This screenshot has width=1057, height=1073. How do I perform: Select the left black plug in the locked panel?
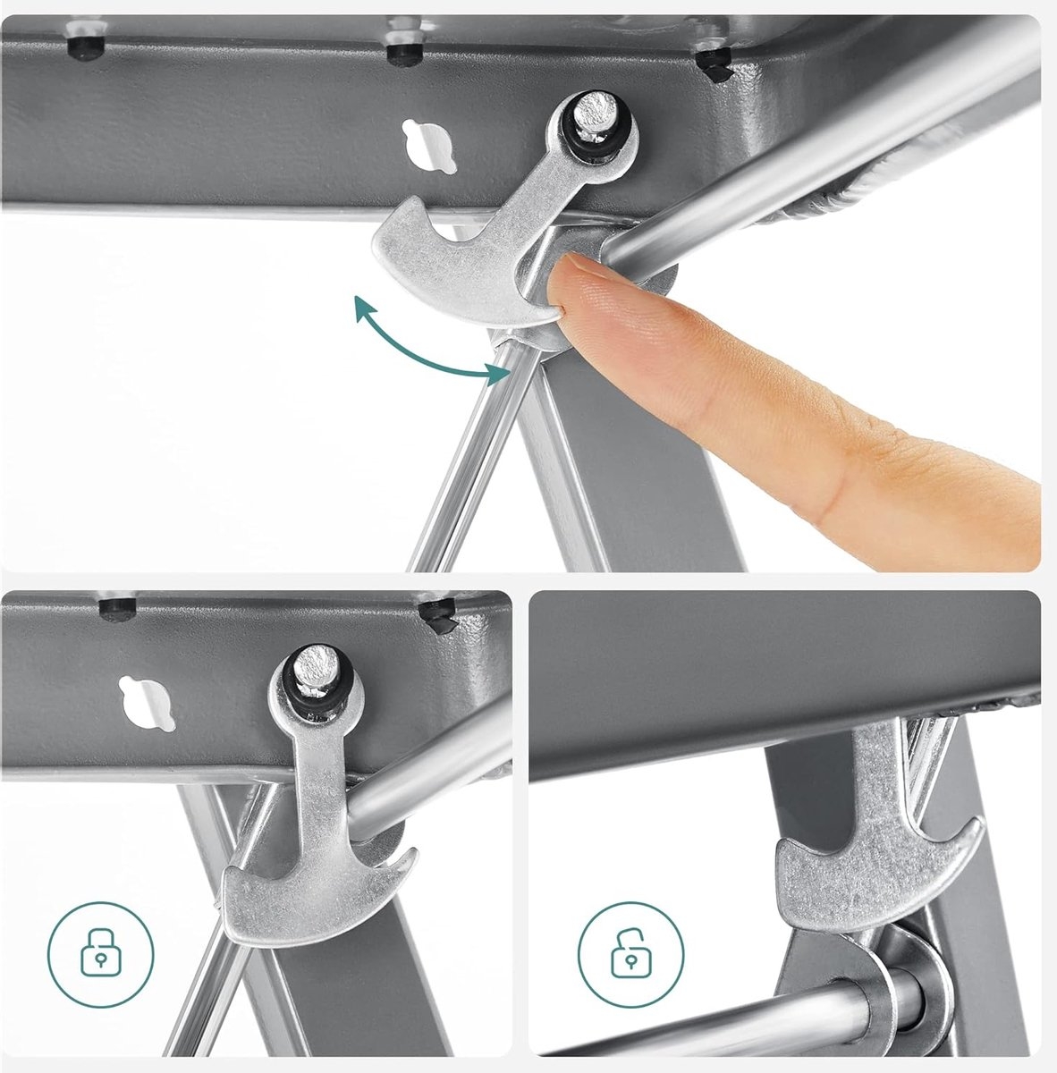point(115,610)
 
